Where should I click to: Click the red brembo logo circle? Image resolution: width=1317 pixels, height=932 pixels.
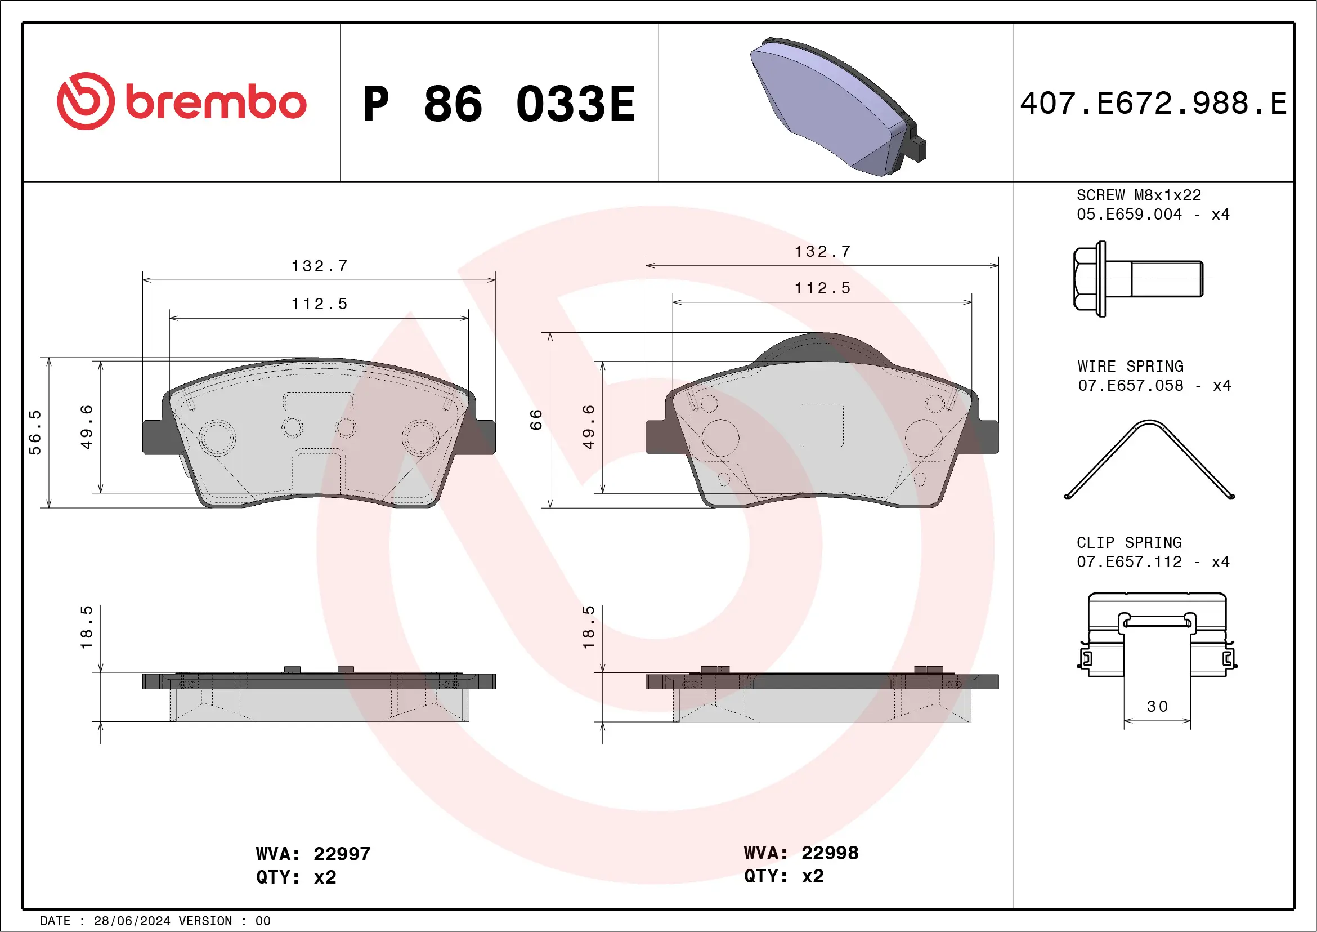86,101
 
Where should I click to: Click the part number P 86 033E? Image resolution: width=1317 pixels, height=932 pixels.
499,104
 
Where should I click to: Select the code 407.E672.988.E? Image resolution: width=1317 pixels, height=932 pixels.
1153,104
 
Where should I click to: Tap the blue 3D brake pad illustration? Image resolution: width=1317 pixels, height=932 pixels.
835,107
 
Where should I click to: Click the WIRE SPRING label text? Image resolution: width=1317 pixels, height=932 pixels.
1130,366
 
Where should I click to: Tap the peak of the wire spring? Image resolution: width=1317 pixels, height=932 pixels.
1149,423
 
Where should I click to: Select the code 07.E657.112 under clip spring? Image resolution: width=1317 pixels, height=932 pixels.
1129,562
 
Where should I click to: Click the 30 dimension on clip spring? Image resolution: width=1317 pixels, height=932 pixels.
1157,706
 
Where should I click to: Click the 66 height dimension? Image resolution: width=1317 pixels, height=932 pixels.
536,420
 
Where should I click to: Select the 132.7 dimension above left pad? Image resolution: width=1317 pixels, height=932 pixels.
320,266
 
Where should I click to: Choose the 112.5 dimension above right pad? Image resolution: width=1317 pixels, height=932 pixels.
822,288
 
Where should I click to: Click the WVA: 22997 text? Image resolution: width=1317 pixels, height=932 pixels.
313,854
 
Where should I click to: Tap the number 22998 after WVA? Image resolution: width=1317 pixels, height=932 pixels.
830,853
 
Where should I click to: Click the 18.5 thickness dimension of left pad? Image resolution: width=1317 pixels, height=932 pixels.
86,627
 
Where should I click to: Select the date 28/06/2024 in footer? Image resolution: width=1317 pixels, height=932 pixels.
132,921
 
